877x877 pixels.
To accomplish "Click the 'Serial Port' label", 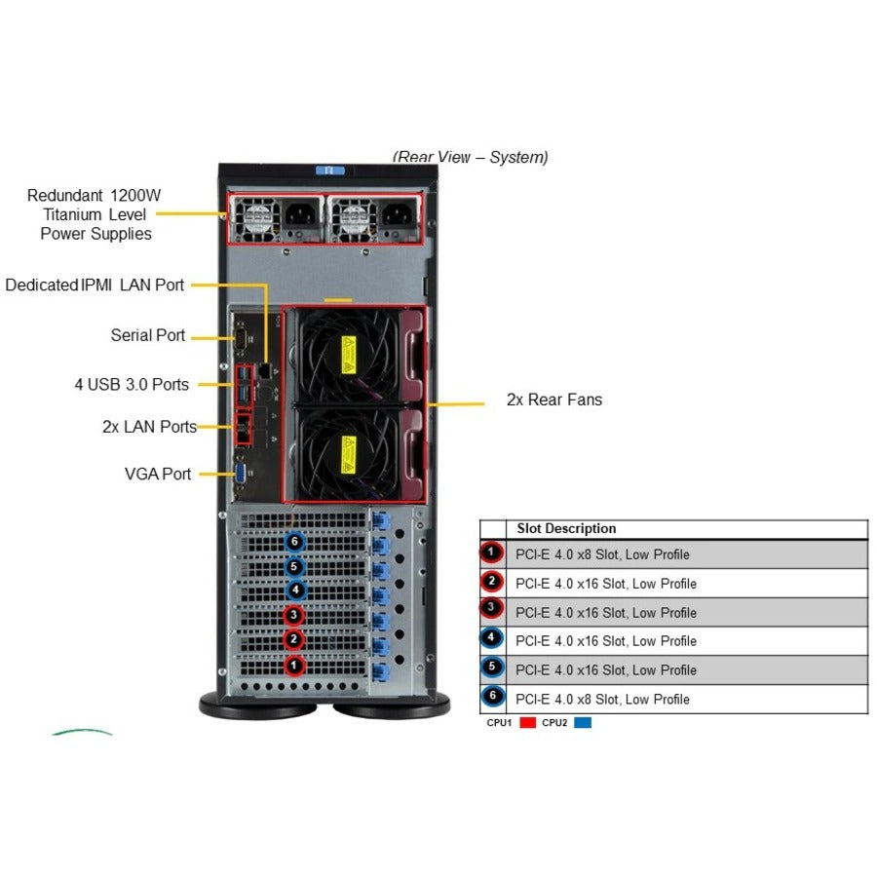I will pos(147,335).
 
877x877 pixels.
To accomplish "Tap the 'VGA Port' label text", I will pos(158,474).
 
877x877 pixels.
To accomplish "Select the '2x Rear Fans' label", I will pos(553,400).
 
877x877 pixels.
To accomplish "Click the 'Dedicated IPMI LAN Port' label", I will pos(95,285).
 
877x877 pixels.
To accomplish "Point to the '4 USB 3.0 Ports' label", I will pos(132,384).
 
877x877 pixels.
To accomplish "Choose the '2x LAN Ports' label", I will pos(149,427).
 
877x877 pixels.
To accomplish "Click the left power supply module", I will pos(277,219).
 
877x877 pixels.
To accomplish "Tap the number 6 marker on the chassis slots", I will pos(294,541).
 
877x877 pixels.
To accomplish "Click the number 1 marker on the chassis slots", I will pos(294,666).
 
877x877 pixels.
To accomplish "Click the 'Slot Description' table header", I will pos(566,529).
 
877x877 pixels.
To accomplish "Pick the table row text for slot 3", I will pos(606,612).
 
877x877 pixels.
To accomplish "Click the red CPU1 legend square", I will pos(527,723).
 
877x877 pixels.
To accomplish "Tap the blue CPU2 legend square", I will pos(582,723).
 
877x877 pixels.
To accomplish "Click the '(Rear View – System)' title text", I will pos(470,157).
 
